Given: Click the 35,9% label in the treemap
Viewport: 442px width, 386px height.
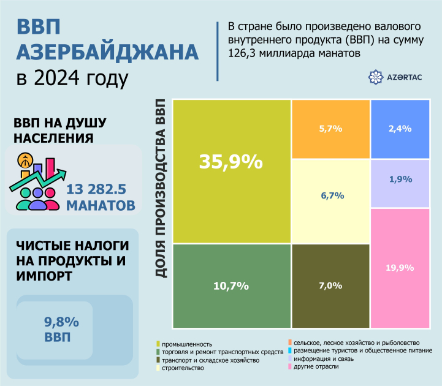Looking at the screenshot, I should click(231, 162).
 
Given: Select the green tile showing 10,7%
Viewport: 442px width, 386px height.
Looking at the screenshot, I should click(231, 286).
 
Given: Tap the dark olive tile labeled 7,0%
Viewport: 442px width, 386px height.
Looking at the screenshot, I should click(330, 286).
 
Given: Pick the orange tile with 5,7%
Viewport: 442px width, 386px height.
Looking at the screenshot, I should click(330, 129).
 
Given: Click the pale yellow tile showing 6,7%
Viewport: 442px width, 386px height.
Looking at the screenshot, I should click(330, 195).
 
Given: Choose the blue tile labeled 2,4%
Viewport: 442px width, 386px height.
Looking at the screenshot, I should click(400, 129).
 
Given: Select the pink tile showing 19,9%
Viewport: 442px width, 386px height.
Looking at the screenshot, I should click(400, 267).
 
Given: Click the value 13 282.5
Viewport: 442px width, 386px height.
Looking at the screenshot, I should click(100, 187).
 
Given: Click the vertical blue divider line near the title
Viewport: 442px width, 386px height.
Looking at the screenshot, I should click(218, 51).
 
